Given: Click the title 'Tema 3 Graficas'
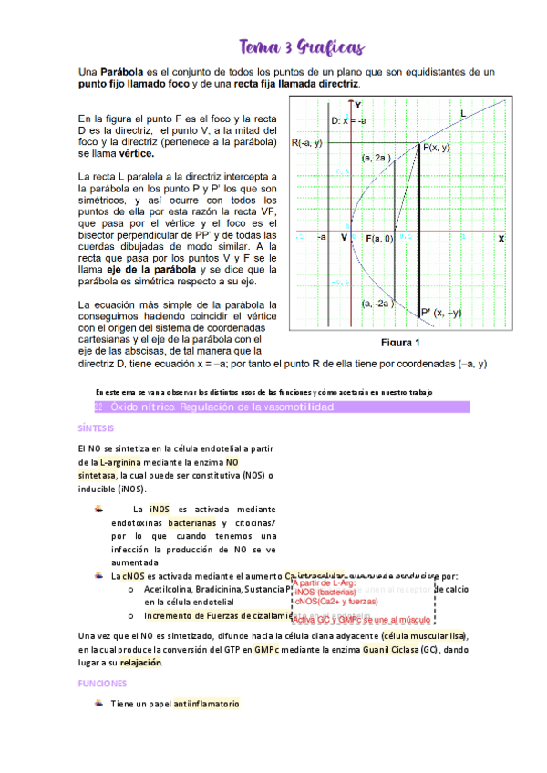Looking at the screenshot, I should [x=301, y=46].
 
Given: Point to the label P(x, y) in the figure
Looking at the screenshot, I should [x=436, y=147].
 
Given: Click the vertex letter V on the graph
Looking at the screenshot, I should [x=345, y=238].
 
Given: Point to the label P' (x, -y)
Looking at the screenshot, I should [x=441, y=313].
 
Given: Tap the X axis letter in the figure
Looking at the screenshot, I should [x=501, y=238].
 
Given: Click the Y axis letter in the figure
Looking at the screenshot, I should [x=359, y=104].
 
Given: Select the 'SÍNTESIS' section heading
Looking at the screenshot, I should [x=96, y=428].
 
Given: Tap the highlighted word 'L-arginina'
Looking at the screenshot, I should [x=128, y=463].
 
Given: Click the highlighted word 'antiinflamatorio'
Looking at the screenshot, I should [x=207, y=705].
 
